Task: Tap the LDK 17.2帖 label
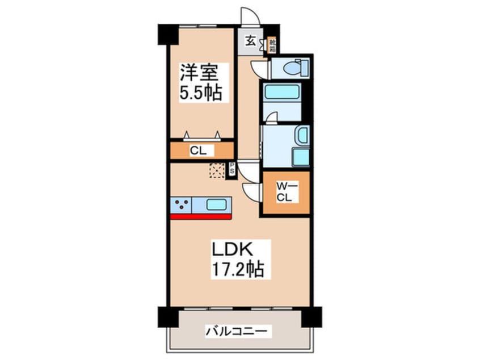pyautogui.click(x=238, y=258)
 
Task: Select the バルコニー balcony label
pyautogui.click(x=238, y=330)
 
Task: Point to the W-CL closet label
pyautogui.click(x=284, y=192)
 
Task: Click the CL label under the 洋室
pyautogui.click(x=197, y=151)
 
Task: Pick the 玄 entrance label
pyautogui.click(x=250, y=41)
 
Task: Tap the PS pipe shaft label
pyautogui.click(x=232, y=169)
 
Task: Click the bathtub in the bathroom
pyautogui.click(x=281, y=91)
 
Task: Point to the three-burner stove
pyautogui.click(x=182, y=204)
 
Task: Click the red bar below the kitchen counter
pyautogui.click(x=200, y=216)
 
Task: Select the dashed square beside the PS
pyautogui.click(x=217, y=170)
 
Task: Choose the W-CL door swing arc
pyautogui.click(x=250, y=190)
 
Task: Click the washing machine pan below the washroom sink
pyautogui.click(x=300, y=157)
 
